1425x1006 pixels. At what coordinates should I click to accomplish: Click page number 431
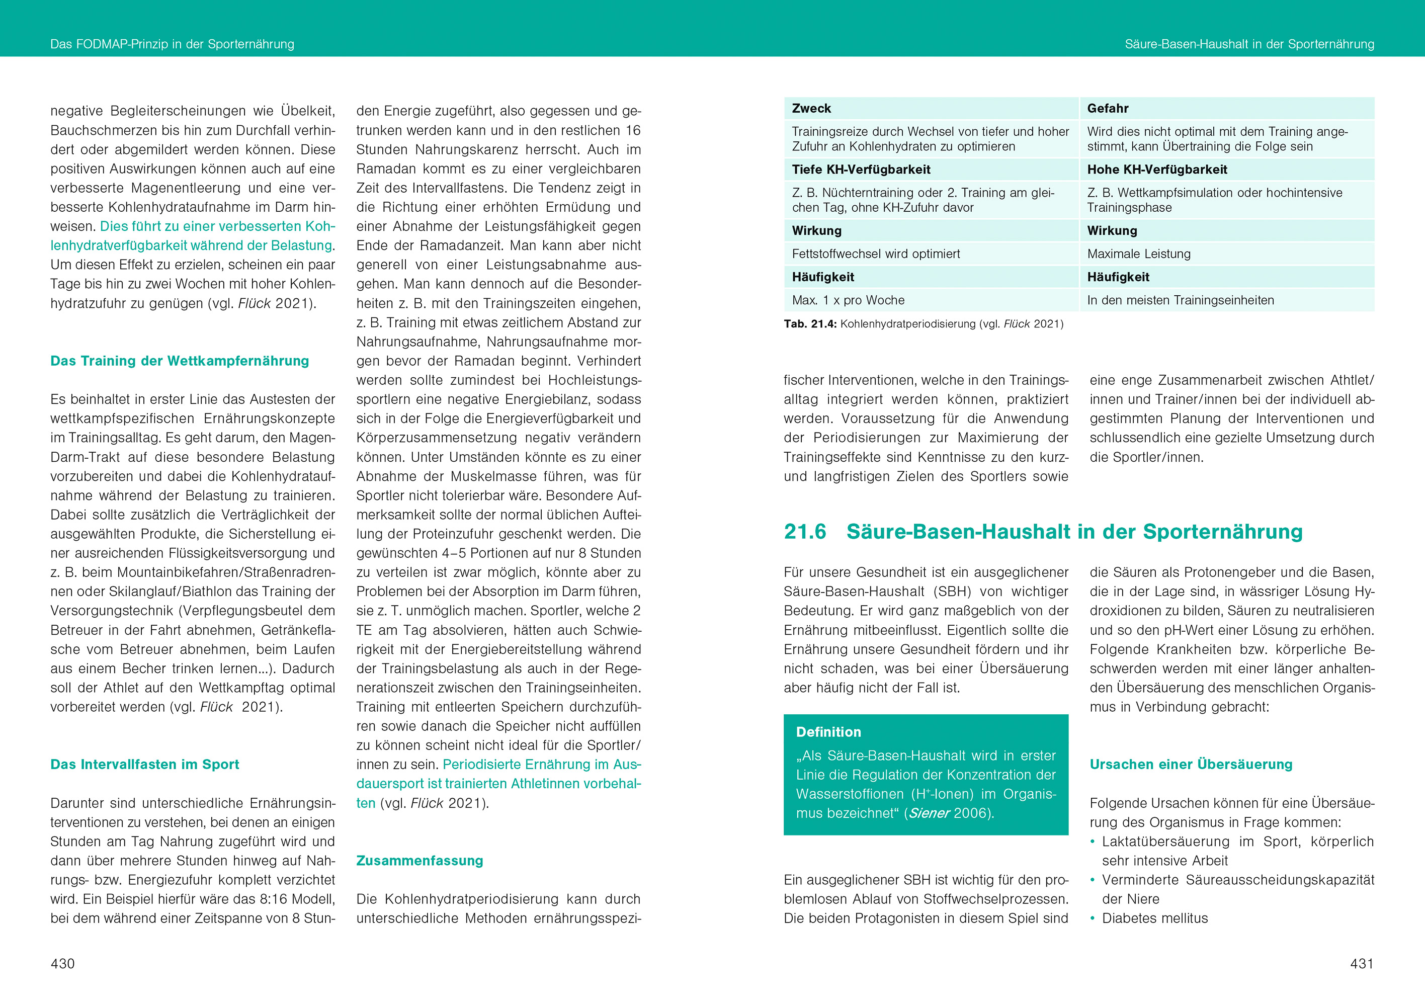tap(1362, 963)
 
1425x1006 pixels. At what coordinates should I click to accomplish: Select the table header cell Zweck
tap(811, 108)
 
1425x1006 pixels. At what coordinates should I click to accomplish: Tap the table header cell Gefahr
tap(1107, 108)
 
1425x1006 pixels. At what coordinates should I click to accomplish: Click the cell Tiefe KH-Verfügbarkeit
tap(861, 170)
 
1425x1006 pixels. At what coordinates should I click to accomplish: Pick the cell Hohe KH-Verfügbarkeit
tap(1157, 170)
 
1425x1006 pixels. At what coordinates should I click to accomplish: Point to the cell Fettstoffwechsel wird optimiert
tap(875, 254)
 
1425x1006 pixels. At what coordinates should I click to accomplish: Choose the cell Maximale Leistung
tap(1139, 254)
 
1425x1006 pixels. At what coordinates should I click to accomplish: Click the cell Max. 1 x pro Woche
tap(848, 300)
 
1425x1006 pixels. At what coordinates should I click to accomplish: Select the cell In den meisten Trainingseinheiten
tap(1180, 300)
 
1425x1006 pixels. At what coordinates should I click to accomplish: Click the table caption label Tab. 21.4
tap(810, 324)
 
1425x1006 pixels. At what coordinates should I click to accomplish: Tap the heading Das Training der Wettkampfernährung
tap(180, 361)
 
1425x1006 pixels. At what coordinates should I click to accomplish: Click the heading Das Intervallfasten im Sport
tap(144, 764)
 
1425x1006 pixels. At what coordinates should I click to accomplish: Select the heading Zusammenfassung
tap(420, 860)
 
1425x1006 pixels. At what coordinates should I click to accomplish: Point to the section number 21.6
tap(805, 531)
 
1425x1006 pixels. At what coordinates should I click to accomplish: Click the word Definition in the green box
tap(828, 732)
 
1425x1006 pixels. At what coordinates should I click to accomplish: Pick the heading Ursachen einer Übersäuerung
tap(1191, 764)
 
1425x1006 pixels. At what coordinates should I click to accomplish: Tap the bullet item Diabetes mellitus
tap(1154, 918)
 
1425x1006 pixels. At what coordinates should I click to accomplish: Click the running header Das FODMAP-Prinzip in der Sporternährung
tap(172, 44)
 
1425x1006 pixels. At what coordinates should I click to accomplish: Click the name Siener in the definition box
tap(929, 813)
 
